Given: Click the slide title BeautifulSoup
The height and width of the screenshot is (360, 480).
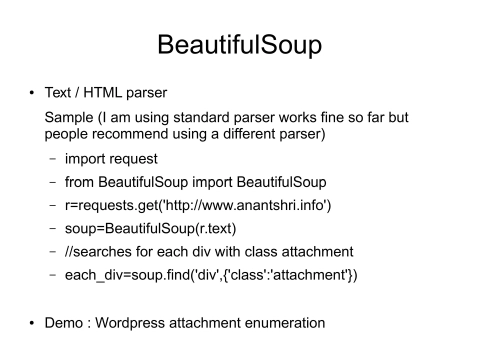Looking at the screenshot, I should coord(240,47).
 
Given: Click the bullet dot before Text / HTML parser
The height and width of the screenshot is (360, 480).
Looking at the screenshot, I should coord(33,96).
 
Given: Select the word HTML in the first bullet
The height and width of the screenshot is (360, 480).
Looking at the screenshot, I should coord(101,96).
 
